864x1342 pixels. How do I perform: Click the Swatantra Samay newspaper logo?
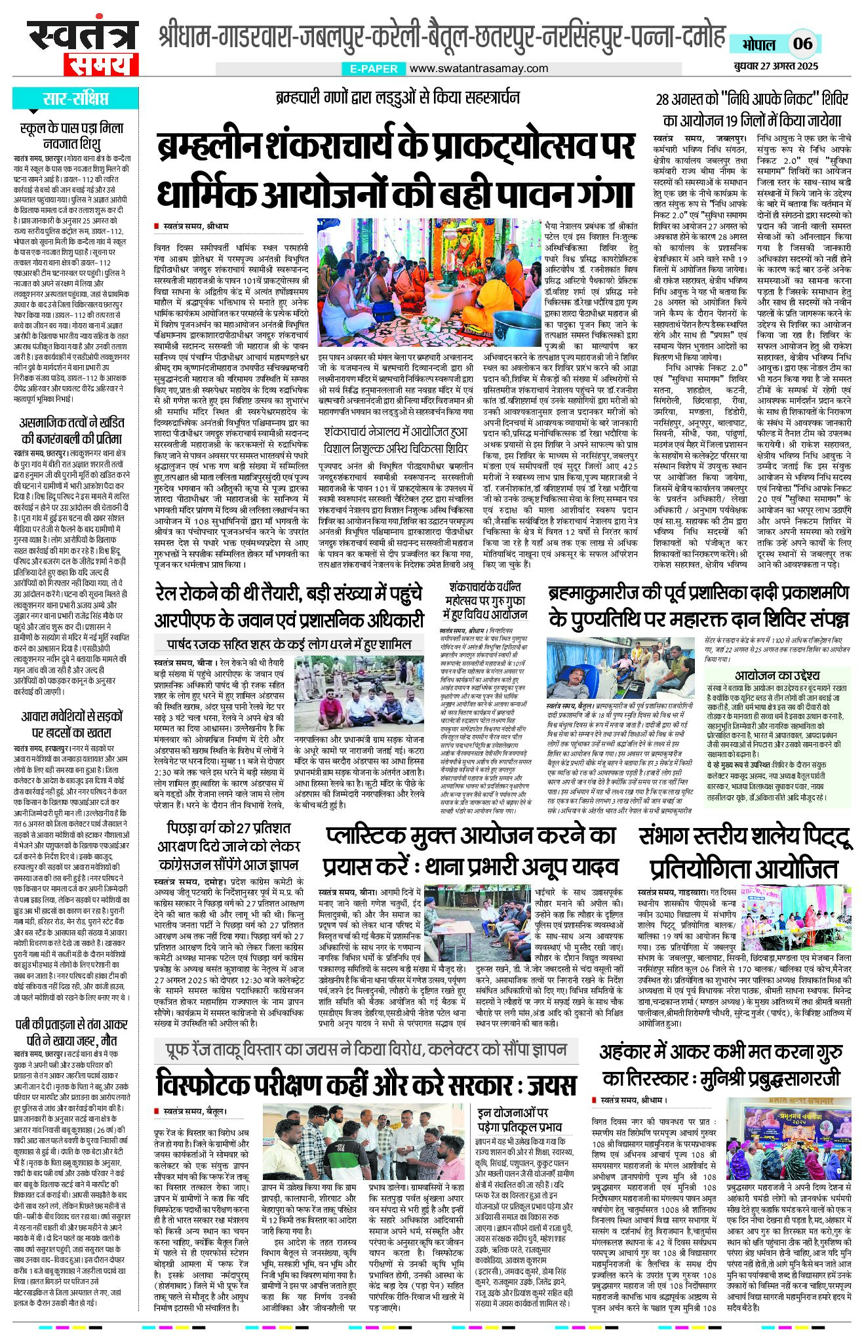83,47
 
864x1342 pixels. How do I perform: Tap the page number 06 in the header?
802,44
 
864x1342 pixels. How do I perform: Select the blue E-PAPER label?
374,68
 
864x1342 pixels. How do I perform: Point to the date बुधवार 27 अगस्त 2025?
776,67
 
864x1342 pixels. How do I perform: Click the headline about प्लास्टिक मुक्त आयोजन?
470,850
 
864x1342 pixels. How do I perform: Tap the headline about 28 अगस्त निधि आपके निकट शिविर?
752,109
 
